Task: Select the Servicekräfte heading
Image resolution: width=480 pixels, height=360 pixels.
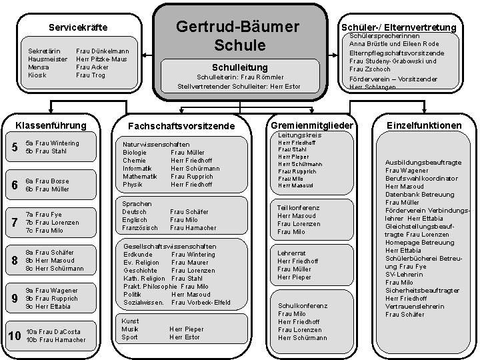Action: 79,27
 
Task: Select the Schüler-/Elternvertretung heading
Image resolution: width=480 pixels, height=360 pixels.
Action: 399,27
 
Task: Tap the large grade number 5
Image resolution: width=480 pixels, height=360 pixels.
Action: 15,147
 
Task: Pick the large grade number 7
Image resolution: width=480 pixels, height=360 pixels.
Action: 15,223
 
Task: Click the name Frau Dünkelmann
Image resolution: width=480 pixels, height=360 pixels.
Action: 103,51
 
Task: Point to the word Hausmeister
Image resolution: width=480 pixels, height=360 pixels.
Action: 45,59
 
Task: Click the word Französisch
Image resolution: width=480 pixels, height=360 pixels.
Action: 140,227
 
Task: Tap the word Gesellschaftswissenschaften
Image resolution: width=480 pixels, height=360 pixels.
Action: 170,247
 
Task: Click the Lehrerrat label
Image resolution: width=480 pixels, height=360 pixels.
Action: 291,253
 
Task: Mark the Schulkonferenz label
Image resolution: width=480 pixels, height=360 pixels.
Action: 303,305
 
